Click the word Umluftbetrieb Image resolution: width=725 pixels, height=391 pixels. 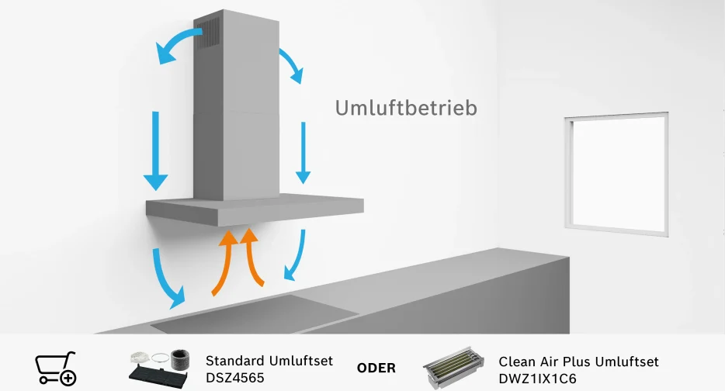[406, 108]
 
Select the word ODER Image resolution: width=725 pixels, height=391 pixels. [376, 368]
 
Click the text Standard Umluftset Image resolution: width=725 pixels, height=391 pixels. [269, 360]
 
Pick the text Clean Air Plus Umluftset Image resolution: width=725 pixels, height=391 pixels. [578, 361]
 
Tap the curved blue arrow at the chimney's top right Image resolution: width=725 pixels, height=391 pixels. [290, 62]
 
